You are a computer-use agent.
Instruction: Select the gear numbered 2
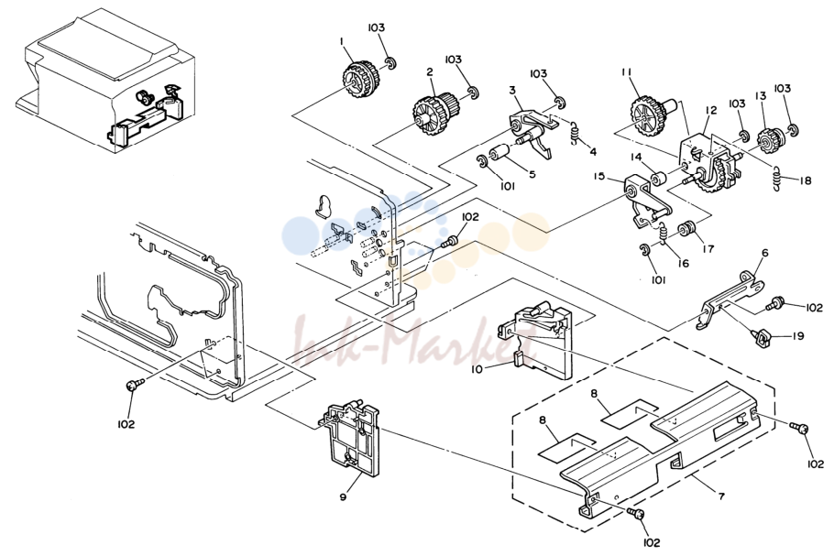point(433,112)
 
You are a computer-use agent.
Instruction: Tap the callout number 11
point(625,71)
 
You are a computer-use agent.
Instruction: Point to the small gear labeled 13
point(769,140)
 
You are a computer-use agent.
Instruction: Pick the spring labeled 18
point(777,177)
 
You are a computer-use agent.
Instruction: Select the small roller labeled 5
point(501,153)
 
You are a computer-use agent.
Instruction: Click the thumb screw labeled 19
point(762,337)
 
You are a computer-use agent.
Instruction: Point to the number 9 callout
point(343,497)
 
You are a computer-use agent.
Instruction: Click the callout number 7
point(720,496)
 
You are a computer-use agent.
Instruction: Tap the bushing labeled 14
point(657,178)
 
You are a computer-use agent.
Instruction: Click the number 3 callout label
point(512,91)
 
